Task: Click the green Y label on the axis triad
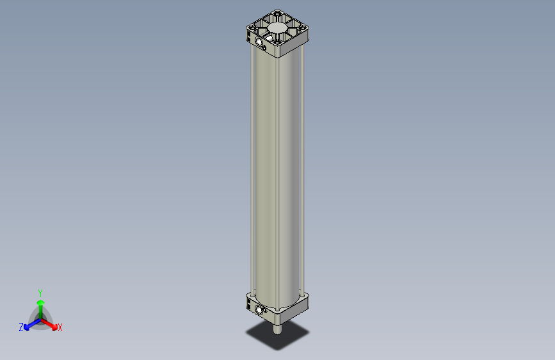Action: pyautogui.click(x=40, y=292)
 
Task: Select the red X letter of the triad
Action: pyautogui.click(x=60, y=328)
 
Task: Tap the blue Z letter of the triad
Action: pyautogui.click(x=21, y=327)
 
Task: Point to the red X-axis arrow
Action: pyautogui.click(x=52, y=323)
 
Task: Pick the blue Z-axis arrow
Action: pyautogui.click(x=28, y=326)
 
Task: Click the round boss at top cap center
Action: pyautogui.click(x=277, y=29)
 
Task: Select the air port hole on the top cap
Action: pyautogui.click(x=260, y=42)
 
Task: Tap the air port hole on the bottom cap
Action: pyautogui.click(x=260, y=311)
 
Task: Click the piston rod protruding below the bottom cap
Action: pyautogui.click(x=277, y=329)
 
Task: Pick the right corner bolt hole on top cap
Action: pyautogui.click(x=304, y=28)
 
